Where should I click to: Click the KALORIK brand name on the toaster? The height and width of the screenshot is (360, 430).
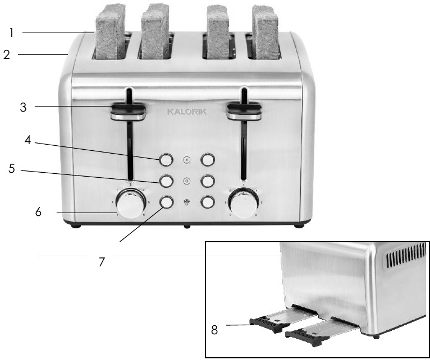coord(187,112)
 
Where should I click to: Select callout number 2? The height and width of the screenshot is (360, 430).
coord(7,55)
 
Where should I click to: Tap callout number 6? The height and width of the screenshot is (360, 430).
coord(38,213)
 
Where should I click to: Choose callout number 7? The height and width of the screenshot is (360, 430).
coord(102,262)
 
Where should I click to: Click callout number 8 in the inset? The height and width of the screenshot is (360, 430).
coord(214,330)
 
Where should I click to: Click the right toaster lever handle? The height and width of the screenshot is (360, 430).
coord(244,111)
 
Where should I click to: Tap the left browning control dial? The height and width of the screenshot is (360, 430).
coord(131,204)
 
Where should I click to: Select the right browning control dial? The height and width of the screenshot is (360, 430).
coord(243,205)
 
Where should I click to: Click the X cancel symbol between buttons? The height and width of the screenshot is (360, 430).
coord(187,160)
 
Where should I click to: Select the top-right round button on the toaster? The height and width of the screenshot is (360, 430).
coord(208,160)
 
